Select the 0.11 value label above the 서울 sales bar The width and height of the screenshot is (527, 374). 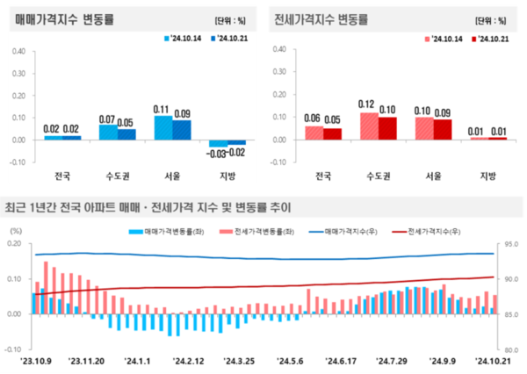(161, 109)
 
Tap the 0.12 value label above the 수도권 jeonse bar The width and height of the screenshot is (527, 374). (367, 104)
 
